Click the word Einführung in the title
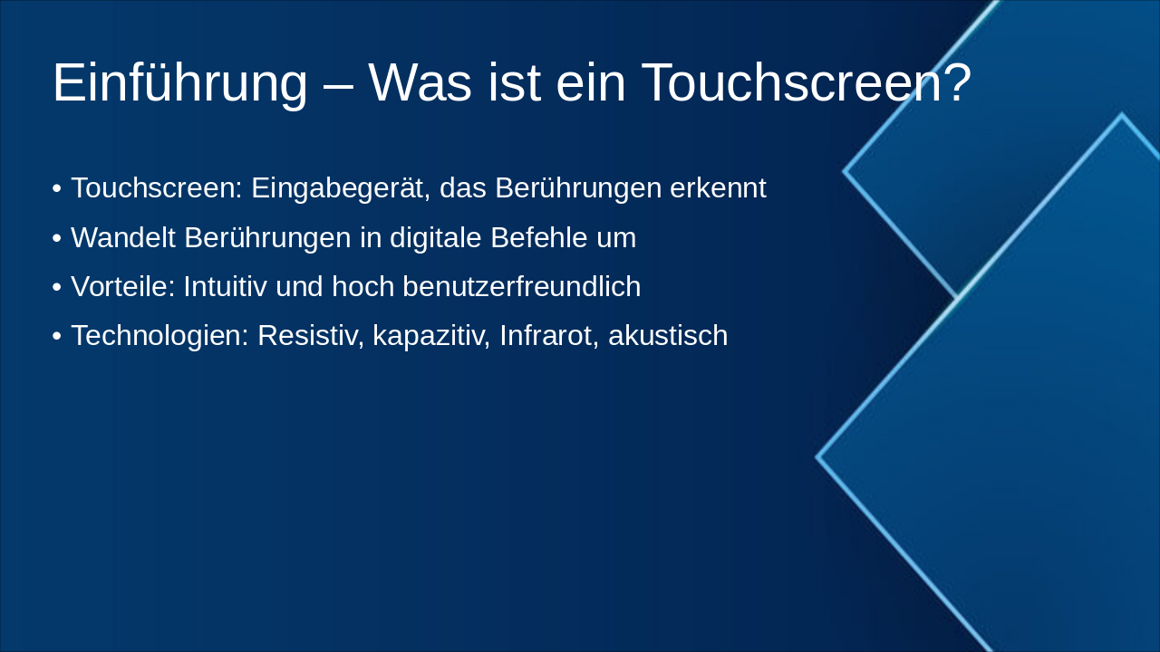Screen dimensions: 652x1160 [179, 83]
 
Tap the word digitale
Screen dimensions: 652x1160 [436, 238]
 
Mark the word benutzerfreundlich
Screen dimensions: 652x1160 [521, 287]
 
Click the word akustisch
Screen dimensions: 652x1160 [668, 336]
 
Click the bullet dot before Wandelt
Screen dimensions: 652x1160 [57, 239]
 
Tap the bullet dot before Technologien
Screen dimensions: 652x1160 [57, 337]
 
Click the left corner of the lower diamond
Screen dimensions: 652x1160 [818, 457]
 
